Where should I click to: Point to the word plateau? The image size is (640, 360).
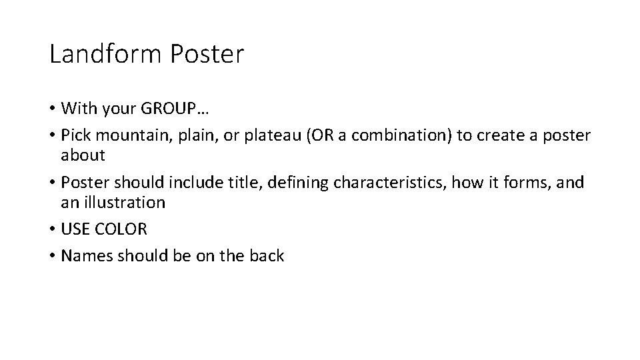(x=242, y=135)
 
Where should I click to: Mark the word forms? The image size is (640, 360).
(x=523, y=183)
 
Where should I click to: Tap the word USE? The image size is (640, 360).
(x=74, y=229)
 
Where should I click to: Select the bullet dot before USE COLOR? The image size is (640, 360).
(x=52, y=229)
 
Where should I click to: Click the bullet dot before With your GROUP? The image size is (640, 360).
(x=52, y=109)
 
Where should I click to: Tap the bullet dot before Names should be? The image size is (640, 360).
(x=52, y=257)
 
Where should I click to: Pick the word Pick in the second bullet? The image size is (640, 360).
(x=73, y=135)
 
